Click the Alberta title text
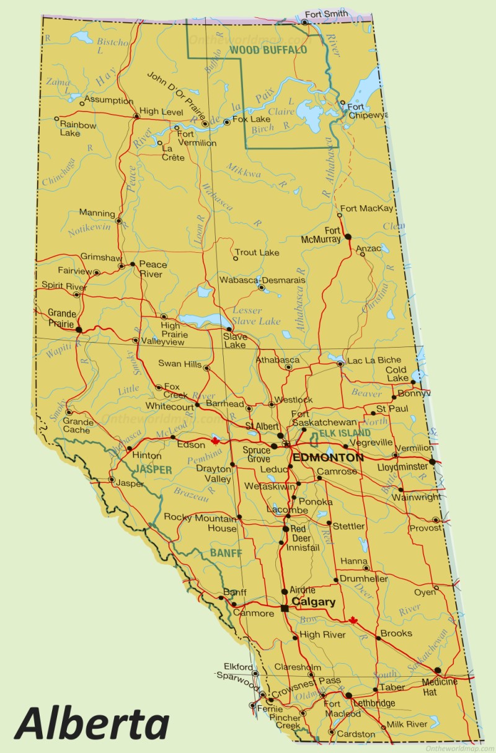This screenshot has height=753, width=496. (92, 723)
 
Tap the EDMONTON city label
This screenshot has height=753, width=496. (328, 457)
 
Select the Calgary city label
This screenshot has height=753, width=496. (314, 602)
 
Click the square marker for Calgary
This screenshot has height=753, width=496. (285, 609)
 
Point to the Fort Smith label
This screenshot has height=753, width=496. (327, 13)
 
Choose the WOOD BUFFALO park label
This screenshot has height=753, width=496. (268, 49)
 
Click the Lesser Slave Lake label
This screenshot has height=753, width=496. (256, 315)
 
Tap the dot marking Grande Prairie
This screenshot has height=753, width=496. (79, 330)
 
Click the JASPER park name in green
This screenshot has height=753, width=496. (153, 470)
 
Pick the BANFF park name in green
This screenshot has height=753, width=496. (226, 553)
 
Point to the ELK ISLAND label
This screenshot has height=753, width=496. (345, 433)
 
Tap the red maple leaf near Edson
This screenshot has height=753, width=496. (216, 441)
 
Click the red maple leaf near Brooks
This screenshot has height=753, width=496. (353, 620)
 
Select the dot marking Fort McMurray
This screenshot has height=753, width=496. (348, 237)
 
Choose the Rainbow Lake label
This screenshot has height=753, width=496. (78, 129)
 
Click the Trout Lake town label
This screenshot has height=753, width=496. (257, 252)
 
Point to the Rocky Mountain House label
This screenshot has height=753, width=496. (200, 523)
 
